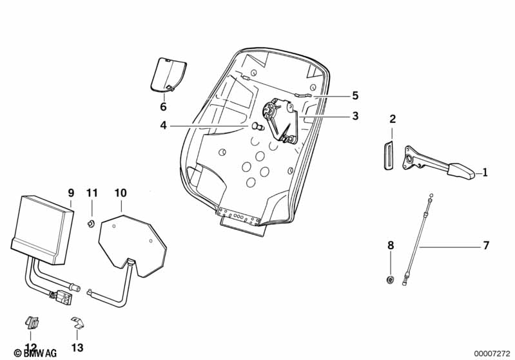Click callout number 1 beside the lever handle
pyautogui.click(x=485, y=173)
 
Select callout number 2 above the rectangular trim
pyautogui.click(x=393, y=118)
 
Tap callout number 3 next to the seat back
pyautogui.click(x=355, y=117)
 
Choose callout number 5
pyautogui.click(x=355, y=96)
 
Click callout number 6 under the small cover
pyautogui.click(x=163, y=106)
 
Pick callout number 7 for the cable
pyautogui.click(x=486, y=245)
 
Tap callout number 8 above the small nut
pyautogui.click(x=390, y=245)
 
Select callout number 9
pyautogui.click(x=71, y=193)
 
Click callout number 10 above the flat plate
pyautogui.click(x=121, y=193)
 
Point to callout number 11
pyautogui.click(x=92, y=193)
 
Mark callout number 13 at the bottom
pyautogui.click(x=77, y=348)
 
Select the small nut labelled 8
pyautogui.click(x=390, y=279)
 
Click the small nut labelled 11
pyautogui.click(x=92, y=223)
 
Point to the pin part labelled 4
pyautogui.click(x=257, y=125)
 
